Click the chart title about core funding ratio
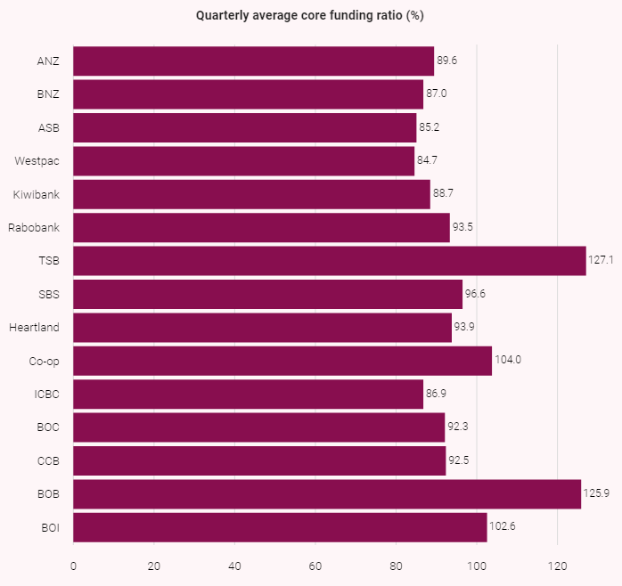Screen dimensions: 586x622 pyautogui.click(x=310, y=16)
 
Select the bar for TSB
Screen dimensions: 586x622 pyautogui.click(x=329, y=261)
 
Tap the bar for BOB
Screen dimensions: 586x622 pyautogui.click(x=326, y=494)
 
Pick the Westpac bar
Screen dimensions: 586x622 pyautogui.click(x=243, y=161)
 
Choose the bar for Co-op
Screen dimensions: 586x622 pyautogui.click(x=282, y=361)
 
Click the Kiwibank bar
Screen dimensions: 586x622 pyautogui.click(x=251, y=194)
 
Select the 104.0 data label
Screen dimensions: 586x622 pyautogui.click(x=507, y=361)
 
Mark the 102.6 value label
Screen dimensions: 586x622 pyautogui.click(x=503, y=527)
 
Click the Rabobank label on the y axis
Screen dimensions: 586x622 pyautogui.click(x=34, y=228)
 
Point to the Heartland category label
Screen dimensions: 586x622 pyautogui.click(x=34, y=328)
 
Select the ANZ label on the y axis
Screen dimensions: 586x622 pyautogui.click(x=48, y=61)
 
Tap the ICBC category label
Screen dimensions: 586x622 pyautogui.click(x=48, y=395)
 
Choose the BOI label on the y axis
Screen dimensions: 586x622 pyautogui.click(x=50, y=527)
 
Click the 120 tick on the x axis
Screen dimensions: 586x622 pyautogui.click(x=557, y=565)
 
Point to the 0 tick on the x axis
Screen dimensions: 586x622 pyautogui.click(x=73, y=565)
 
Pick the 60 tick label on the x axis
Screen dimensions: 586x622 pyautogui.click(x=315, y=565)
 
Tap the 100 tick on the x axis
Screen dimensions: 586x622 pyautogui.click(x=477, y=565)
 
